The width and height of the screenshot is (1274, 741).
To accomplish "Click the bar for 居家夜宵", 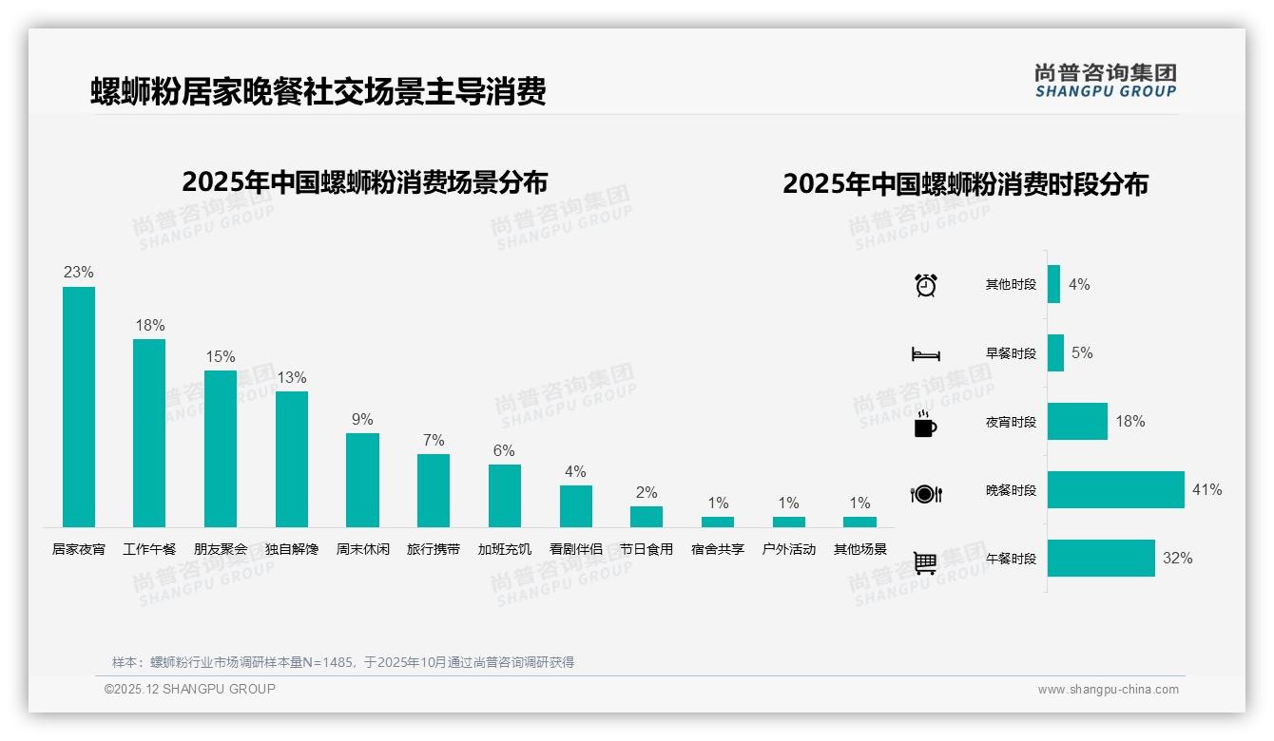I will [79, 407].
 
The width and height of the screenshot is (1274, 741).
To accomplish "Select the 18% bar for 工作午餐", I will [149, 433].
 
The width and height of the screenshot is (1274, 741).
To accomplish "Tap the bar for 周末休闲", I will [362, 480].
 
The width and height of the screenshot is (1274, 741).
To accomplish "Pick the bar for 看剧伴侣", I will [575, 506].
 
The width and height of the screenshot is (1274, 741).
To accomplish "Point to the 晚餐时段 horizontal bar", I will [1115, 490].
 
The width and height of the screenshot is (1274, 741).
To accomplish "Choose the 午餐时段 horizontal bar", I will [1101, 559].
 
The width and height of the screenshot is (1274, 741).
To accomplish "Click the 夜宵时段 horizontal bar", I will [1077, 422].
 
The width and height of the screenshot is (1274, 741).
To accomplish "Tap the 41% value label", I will [1206, 490].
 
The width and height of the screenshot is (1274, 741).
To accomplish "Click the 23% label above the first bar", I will [79, 273].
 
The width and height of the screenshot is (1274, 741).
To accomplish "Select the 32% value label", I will [1177, 559].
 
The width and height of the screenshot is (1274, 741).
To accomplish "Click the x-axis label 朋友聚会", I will [221, 549].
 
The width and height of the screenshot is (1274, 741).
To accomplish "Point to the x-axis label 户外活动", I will [789, 549].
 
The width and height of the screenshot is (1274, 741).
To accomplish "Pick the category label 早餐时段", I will [1011, 353].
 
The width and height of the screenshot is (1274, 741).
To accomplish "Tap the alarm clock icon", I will [925, 285].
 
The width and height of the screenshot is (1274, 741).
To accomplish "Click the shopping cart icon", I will [925, 562].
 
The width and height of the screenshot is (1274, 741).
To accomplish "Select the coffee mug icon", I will [925, 424].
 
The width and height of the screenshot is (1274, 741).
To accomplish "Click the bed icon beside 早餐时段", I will [925, 354].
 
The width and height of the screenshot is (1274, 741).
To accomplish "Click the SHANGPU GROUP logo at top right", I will [1105, 80].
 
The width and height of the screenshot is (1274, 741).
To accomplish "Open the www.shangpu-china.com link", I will [1108, 690].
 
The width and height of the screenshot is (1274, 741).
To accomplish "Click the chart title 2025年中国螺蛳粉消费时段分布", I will [965, 184].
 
